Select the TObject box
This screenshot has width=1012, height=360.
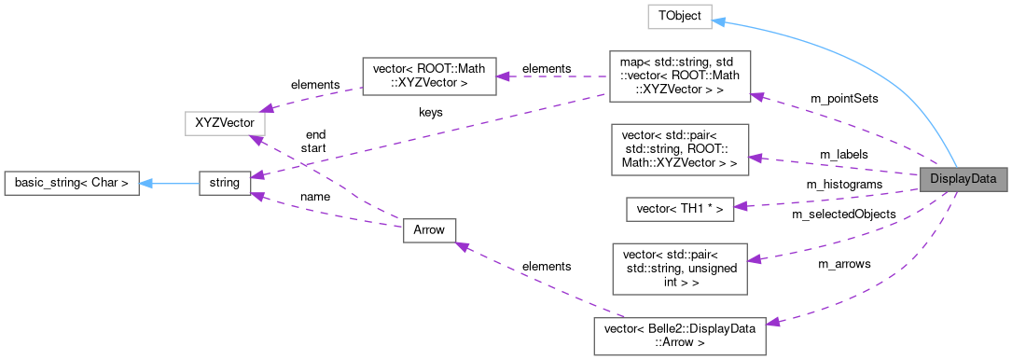click(680, 16)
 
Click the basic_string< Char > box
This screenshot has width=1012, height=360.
click(72, 183)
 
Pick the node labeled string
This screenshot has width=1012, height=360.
click(225, 183)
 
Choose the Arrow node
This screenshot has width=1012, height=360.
click(428, 229)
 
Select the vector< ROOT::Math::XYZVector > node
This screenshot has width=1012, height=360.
click(428, 75)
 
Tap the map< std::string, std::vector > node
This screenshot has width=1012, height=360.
click(679, 76)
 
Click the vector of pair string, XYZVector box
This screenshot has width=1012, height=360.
click(679, 149)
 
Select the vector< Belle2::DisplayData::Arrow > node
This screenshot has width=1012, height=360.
click(679, 336)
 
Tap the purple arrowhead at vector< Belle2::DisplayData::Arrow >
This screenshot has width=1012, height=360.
click(773, 322)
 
